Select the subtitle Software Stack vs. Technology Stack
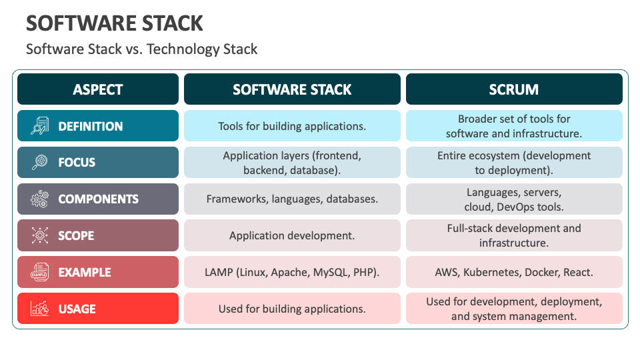[141, 49]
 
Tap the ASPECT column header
[98, 89]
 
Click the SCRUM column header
[513, 89]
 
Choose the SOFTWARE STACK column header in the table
[292, 89]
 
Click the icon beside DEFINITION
[40, 126]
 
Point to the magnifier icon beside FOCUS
[40, 163]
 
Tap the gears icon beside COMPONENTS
[40, 199]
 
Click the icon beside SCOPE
[40, 235]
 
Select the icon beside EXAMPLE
[40, 272]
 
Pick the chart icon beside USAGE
[40, 309]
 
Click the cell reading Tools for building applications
[292, 126]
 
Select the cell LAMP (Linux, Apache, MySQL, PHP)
[292, 272]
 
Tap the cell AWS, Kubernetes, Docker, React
[513, 272]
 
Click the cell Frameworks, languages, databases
[292, 199]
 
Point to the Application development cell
[292, 235]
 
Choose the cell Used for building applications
[292, 309]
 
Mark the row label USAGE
[77, 309]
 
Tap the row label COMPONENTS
[99, 199]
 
